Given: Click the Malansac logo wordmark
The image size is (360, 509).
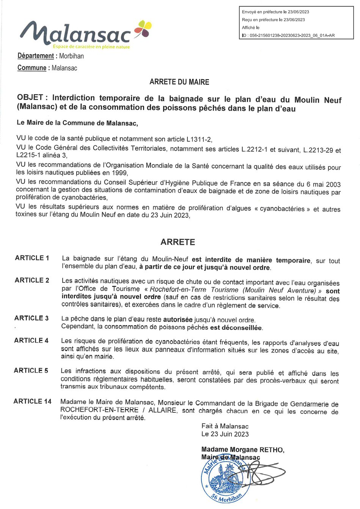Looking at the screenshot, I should pos(76,33).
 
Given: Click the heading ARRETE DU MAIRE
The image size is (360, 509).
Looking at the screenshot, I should pos(179,82).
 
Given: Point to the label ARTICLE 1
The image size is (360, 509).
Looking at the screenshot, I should pos(32,258).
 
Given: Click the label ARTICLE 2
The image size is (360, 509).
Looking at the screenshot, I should pos(32,280).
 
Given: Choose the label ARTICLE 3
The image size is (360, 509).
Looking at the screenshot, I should pos(31,318).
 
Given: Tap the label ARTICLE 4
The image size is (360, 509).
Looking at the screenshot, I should pos(31,341).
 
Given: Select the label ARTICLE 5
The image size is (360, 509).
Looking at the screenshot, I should pos(31,371).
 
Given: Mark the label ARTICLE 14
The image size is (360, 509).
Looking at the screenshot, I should pos(32,401).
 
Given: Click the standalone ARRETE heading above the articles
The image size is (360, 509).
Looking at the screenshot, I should pos(178,242).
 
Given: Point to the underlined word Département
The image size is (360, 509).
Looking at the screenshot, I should pos(36,56).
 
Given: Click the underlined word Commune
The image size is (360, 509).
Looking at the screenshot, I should pos(32,68).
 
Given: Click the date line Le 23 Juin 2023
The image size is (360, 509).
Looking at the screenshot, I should pos(225,434).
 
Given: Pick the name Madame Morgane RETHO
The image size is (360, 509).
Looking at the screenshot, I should pos(242,450).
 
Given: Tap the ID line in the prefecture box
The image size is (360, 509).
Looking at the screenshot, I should pos(288,36).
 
